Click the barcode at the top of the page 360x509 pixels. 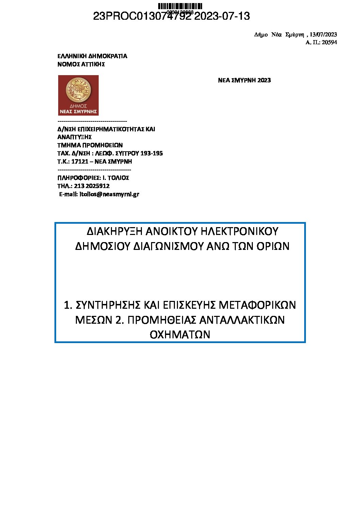[180, 6]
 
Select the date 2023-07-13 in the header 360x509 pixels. [222, 16]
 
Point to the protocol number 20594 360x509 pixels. [329, 43]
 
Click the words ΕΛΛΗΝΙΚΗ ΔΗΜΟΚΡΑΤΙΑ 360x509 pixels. [92, 56]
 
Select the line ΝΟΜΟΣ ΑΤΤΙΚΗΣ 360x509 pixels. [81, 64]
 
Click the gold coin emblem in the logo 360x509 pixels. [78, 89]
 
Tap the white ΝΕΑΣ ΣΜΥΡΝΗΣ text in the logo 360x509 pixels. [78, 112]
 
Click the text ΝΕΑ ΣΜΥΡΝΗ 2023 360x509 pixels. [244, 80]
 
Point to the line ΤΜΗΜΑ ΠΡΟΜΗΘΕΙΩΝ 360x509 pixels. [90, 145]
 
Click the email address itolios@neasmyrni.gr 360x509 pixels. [109, 194]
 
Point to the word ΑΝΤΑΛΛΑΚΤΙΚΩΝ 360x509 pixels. [242, 320]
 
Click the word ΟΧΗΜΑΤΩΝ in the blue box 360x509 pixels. [180, 335]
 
